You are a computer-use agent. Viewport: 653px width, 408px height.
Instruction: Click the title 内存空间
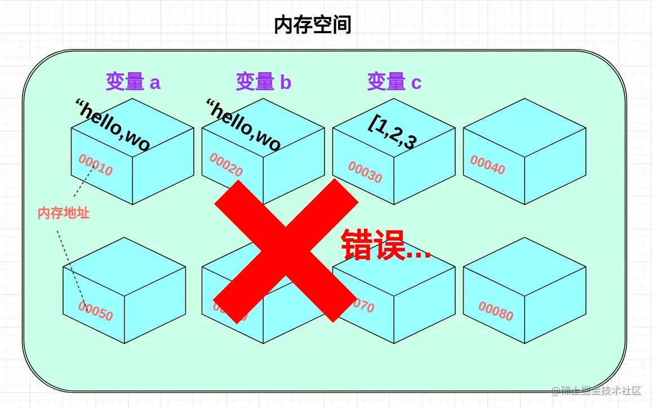tap(313, 25)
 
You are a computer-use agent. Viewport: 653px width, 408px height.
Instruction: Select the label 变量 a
tap(133, 82)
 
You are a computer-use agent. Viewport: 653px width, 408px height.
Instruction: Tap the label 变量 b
tap(264, 82)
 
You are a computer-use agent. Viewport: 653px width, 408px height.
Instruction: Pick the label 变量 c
tap(394, 82)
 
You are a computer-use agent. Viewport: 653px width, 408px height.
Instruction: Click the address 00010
tap(96, 165)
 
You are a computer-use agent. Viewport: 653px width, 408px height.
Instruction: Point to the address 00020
tap(226, 165)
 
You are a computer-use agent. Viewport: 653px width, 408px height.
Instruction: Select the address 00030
tap(365, 172)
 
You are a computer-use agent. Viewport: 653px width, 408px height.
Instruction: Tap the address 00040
tap(488, 165)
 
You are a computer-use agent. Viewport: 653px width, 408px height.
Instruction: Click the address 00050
tap(96, 311)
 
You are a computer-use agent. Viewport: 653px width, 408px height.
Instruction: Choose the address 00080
tap(496, 311)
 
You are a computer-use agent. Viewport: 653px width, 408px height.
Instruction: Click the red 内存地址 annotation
tap(64, 213)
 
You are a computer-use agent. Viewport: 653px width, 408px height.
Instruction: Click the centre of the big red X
tap(286, 250)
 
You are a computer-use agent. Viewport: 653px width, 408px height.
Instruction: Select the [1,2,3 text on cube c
tap(393, 133)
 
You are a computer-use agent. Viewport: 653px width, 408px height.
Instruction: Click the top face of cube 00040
tap(525, 127)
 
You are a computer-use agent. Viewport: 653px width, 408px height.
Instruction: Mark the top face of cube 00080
tap(525, 266)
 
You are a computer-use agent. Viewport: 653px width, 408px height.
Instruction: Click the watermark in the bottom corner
tap(597, 391)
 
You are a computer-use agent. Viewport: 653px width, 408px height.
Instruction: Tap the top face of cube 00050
tap(124, 266)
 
